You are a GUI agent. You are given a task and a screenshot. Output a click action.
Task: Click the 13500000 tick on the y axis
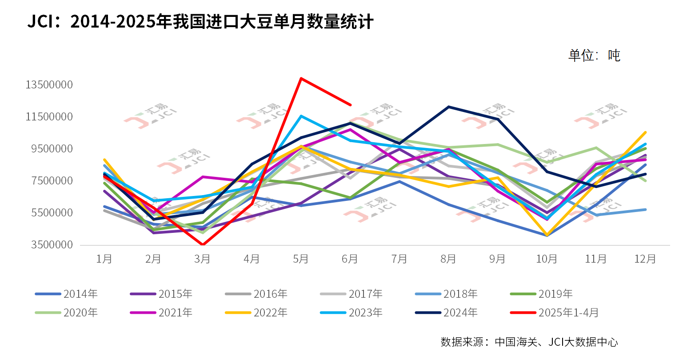[x=49, y=84]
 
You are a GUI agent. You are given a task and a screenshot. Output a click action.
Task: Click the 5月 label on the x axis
[x=301, y=259]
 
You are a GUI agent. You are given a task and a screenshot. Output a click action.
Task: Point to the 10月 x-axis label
[x=547, y=259]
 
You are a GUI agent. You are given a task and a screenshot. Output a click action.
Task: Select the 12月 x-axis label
[x=645, y=259]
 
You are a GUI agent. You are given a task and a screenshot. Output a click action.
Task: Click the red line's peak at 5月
[x=301, y=78]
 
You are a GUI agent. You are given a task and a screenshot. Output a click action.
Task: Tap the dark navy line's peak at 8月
[x=449, y=107]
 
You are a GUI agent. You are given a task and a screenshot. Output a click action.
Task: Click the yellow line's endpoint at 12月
[x=645, y=132]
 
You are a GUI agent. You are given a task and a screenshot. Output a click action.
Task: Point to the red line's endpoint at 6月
[x=351, y=105]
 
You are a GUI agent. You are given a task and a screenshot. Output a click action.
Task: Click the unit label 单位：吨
[x=594, y=56]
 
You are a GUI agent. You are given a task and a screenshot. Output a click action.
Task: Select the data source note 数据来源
[x=529, y=342]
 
